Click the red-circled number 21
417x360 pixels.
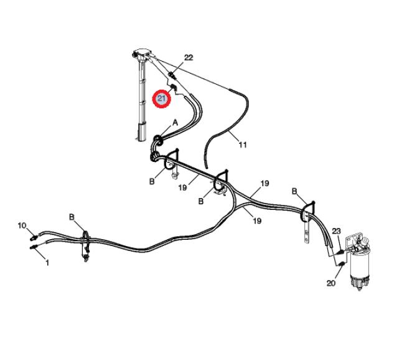[x=162, y=98]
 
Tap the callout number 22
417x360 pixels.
[x=189, y=58]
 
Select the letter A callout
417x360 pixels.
[x=175, y=123]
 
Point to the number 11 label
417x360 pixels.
[x=243, y=145]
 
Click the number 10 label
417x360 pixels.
[x=22, y=225]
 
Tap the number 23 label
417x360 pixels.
[x=336, y=230]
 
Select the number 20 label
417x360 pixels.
[x=330, y=283]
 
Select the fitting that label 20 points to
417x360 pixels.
[x=342, y=268]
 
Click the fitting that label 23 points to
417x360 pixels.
[x=340, y=251]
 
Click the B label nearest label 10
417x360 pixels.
[x=72, y=217]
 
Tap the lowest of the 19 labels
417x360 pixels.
[x=256, y=220]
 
